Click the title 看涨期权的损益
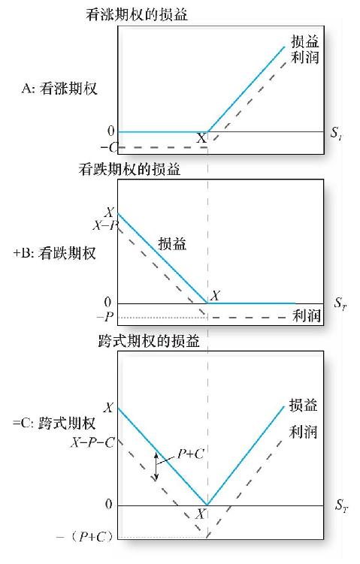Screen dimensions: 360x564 coord(137,15)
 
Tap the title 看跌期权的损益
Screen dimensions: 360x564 coord(129,169)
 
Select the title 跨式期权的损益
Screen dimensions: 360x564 coord(149,341)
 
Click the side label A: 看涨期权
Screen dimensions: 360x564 coord(59,88)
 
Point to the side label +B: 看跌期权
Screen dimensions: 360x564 coord(54,253)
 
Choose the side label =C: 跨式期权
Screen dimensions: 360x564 coord(54,423)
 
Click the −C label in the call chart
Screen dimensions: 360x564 coord(109,147)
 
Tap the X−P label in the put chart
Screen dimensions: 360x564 coord(105,225)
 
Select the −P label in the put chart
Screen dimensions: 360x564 coord(105,317)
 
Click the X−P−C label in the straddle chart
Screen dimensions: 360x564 coord(92,442)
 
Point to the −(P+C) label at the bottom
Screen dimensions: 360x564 coord(85,537)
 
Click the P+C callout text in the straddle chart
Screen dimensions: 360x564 coord(191,454)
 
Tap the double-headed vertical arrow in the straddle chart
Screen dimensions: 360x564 coord(156,466)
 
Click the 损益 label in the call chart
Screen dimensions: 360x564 coord(305,42)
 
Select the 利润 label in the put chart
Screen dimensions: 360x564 coord(307,316)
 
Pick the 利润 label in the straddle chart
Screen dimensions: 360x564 coord(303,432)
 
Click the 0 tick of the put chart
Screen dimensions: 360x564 coord(107,302)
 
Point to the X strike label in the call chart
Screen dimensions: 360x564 coord(201,137)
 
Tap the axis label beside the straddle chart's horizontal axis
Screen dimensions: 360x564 coord(341,505)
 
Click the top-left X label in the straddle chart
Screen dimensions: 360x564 coord(109,408)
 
